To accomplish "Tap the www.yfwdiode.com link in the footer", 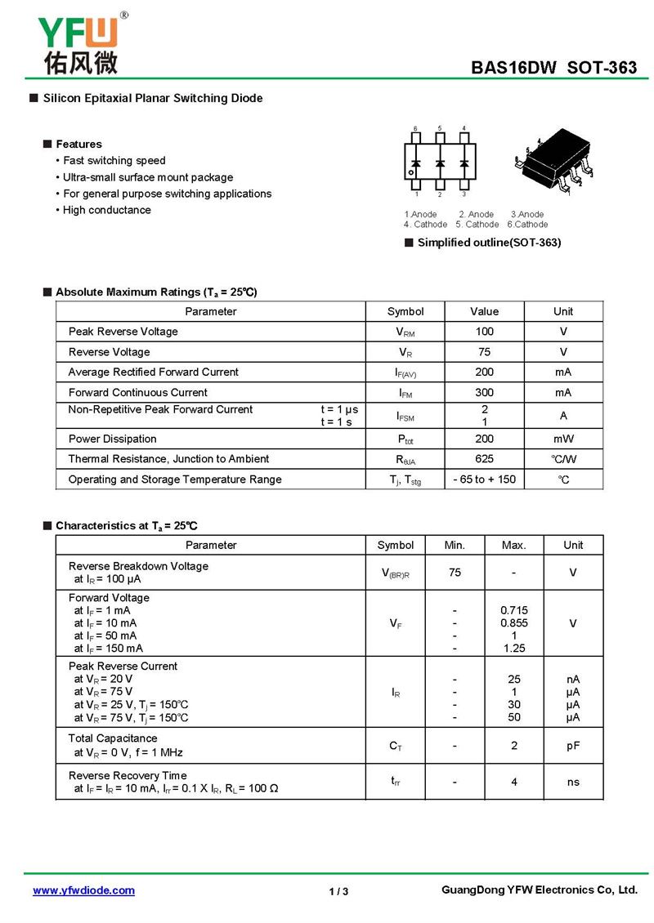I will coord(83,890).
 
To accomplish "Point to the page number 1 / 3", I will coord(338,891).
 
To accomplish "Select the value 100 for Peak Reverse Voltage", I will coord(484,332).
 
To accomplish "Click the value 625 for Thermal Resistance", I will coord(484,459).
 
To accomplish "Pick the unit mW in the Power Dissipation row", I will coord(563,439).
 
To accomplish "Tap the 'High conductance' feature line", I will coord(106,210).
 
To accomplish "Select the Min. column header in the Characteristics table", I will coord(455,545).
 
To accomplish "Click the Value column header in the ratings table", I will coord(484,311).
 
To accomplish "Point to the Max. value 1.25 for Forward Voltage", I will coord(513,649).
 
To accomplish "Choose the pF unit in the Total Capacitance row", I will coord(573,746).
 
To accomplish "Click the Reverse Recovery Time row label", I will coord(128,775).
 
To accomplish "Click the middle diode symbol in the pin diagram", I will coord(440,163).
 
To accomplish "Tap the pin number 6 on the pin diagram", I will coord(415,129).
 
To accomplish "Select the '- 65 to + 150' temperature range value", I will coord(484,479).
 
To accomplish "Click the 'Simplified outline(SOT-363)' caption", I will coord(489,243).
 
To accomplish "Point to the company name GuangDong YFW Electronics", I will coord(539,890).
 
